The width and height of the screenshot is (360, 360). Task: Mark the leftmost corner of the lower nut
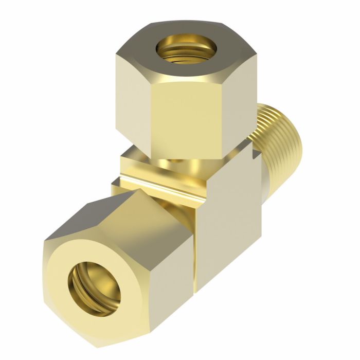pyautogui.click(x=43, y=242)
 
